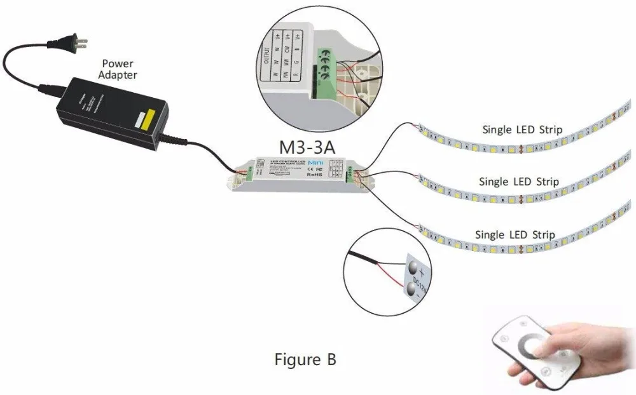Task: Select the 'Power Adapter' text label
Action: [x=120, y=69]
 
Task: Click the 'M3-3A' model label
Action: [x=307, y=147]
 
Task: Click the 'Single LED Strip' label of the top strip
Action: [x=522, y=130]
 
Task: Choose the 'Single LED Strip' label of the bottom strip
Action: [x=515, y=234]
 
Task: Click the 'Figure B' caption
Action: [x=305, y=359]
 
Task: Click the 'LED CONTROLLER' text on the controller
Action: [x=284, y=162]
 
